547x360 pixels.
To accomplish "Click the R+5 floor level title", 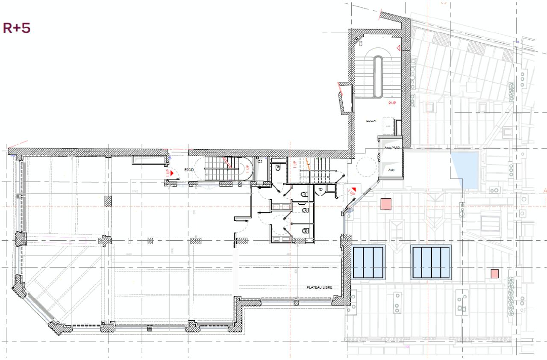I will coord(17,29).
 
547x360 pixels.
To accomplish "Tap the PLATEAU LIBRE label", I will coord(319,287).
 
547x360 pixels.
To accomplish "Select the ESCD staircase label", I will coord(189,170).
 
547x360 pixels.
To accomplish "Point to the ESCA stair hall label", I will coord(371,121).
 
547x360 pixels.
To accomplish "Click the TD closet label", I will coord(321,189).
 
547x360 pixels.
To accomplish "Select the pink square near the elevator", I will coord(386,204).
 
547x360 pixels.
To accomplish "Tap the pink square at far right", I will coord(495,273).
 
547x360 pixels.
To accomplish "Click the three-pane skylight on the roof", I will coord(368,262).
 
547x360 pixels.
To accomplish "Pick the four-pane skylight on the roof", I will coord(431,262).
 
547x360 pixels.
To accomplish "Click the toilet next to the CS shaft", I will coord(278,168).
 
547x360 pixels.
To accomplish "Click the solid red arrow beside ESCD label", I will coord(172,173).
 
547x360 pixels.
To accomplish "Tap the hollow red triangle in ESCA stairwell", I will coord(397,47).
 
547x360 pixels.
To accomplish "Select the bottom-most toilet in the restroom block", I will coord(304,231).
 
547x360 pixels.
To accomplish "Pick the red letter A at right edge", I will coord(545,191).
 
